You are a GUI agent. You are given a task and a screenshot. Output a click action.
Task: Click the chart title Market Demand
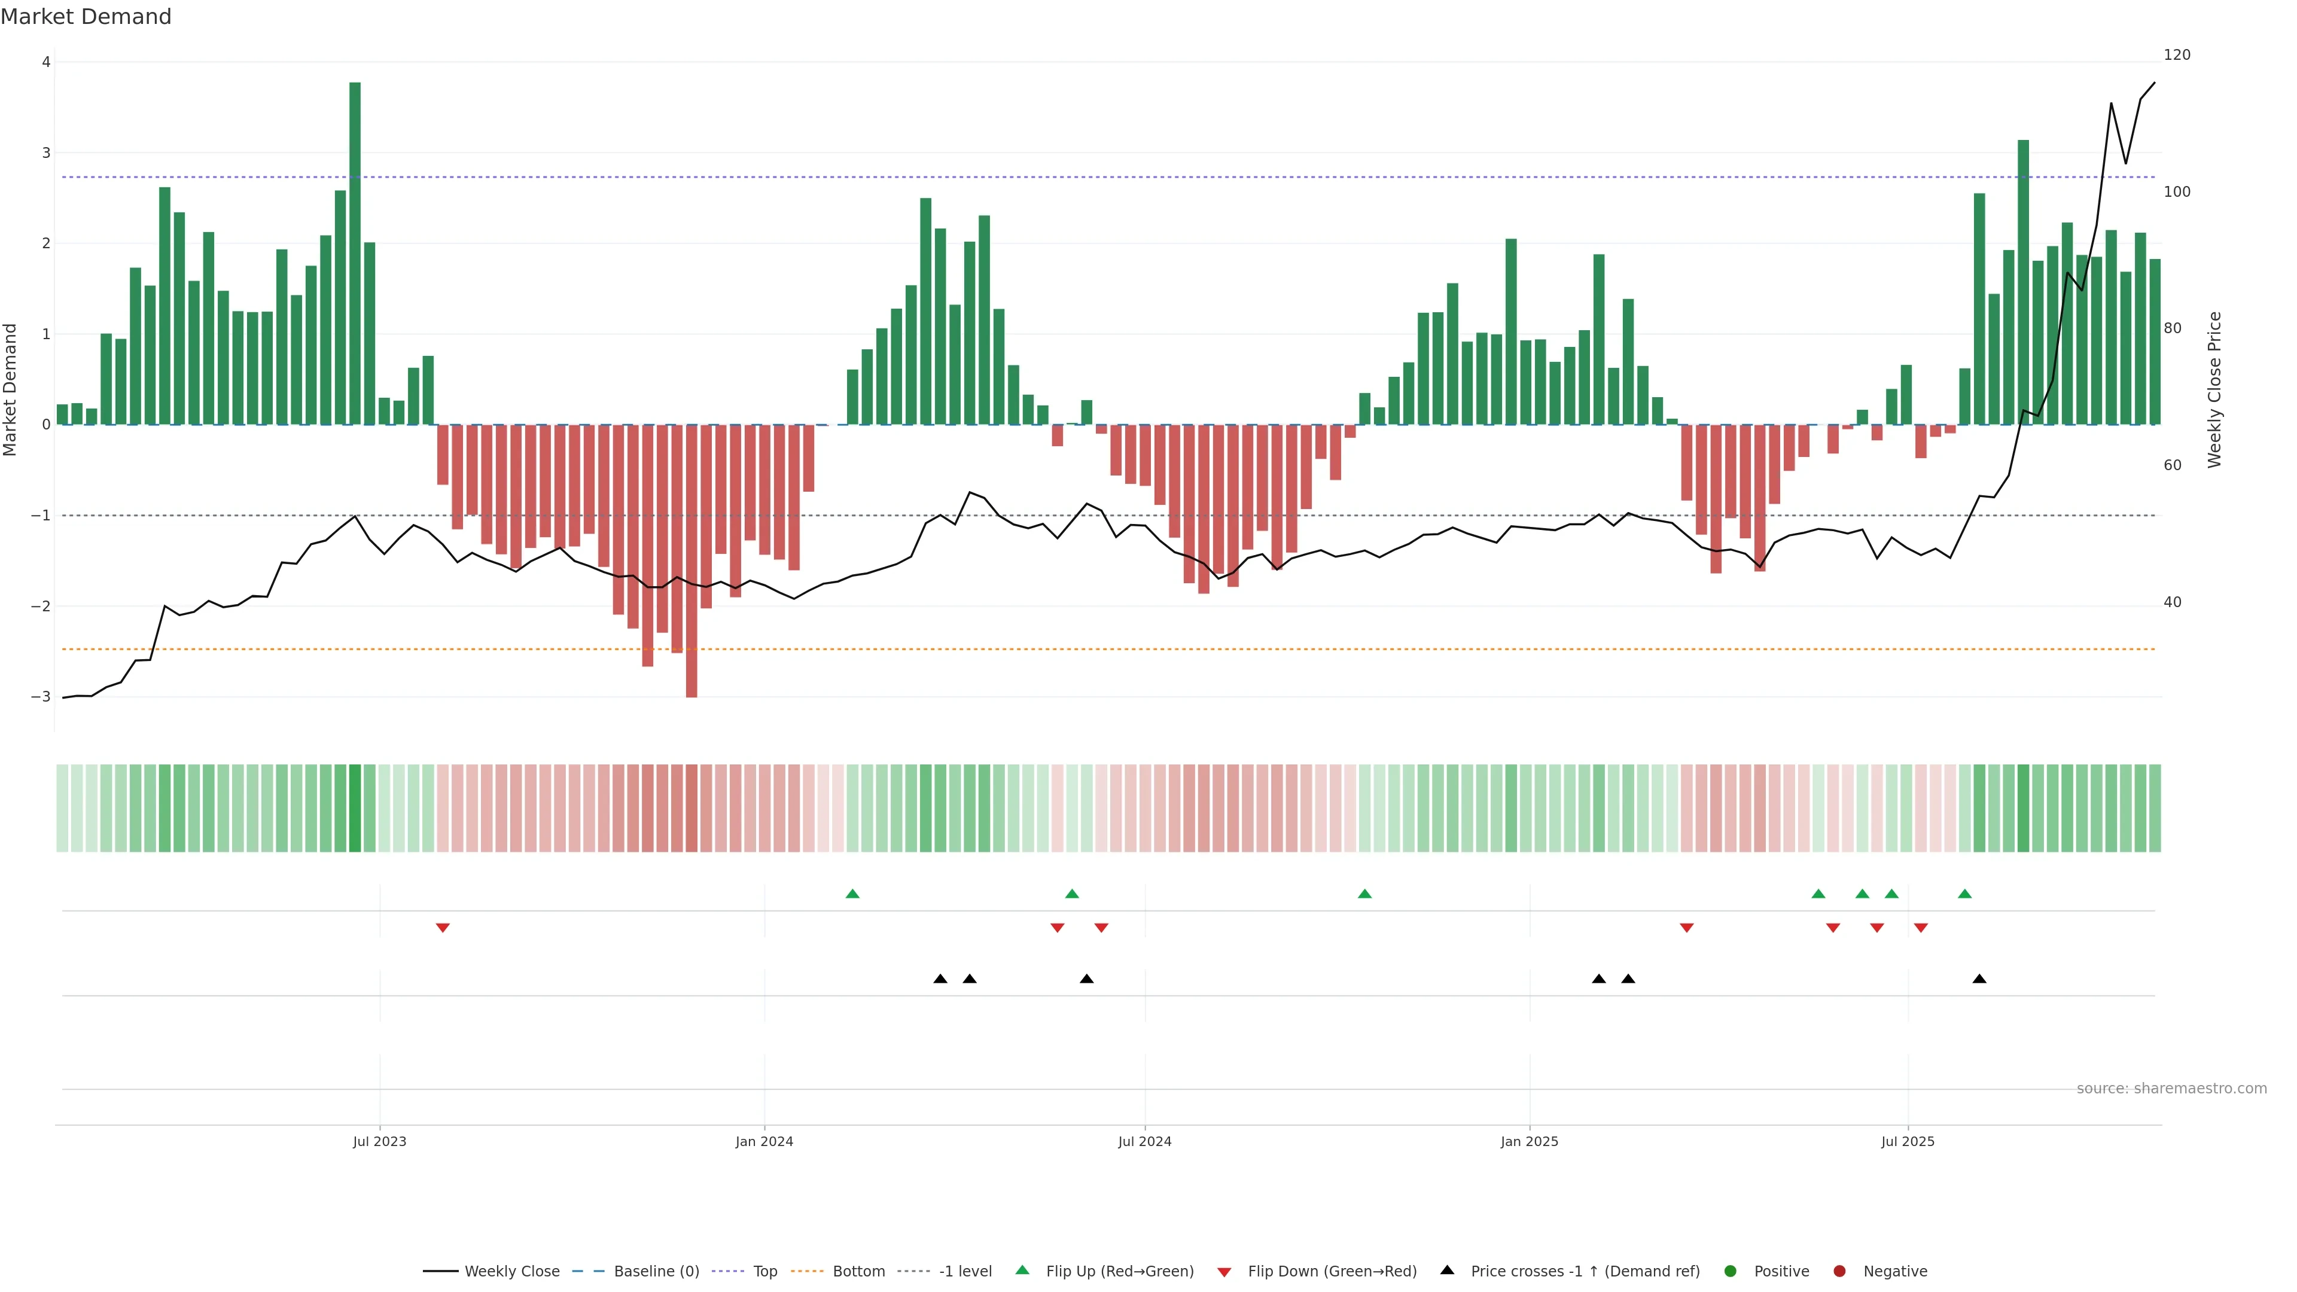coord(86,17)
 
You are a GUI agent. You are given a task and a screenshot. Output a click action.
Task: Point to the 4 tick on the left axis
coord(45,62)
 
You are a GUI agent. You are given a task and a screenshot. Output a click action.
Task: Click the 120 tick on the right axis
coord(2177,55)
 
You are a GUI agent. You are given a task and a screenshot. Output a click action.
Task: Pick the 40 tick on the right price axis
coord(2172,603)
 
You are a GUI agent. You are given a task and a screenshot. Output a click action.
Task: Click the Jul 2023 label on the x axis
coord(379,1141)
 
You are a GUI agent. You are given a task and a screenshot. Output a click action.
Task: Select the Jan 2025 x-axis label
coord(1530,1141)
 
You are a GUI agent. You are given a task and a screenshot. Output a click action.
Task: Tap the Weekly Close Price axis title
coord(2215,389)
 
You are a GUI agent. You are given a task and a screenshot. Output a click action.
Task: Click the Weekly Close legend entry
coord(511,1272)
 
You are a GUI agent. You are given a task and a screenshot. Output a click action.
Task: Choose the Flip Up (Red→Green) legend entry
coord(1119,1272)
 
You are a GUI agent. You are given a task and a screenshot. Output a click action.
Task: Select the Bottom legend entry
coord(858,1272)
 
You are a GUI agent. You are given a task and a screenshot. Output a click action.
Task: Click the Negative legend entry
coord(1895,1272)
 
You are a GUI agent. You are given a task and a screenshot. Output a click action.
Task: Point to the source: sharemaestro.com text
coord(2171,1089)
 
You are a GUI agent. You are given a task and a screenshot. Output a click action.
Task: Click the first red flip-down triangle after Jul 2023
coord(442,928)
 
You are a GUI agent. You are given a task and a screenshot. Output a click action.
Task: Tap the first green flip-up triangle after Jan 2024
coord(852,894)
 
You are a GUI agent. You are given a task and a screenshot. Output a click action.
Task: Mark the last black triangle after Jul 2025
coord(1979,979)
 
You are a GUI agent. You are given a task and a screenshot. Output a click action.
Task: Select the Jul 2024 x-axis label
coord(1145,1141)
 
